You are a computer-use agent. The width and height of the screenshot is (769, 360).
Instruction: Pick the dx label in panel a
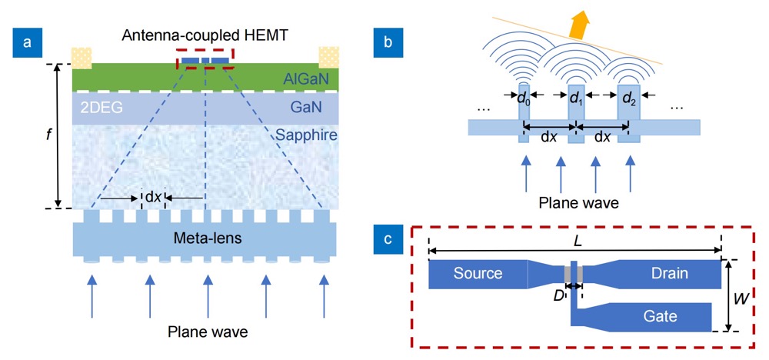(154, 197)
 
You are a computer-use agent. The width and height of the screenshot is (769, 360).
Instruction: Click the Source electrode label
(478, 273)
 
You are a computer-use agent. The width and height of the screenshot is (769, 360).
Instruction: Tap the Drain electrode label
(671, 273)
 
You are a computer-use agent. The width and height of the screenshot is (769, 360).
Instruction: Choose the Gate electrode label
(660, 315)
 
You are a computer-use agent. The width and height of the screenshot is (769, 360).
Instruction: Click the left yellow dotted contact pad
(82, 57)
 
